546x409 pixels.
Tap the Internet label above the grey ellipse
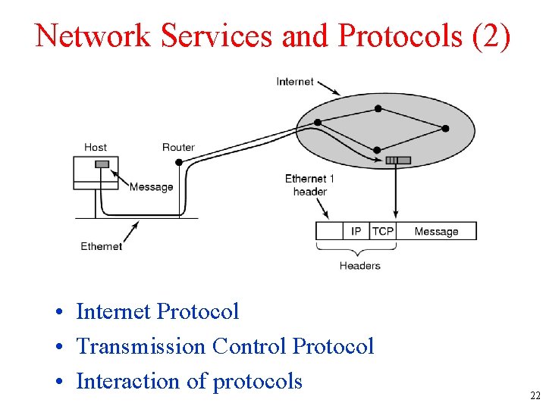pos(295,81)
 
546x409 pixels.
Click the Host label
pos(96,147)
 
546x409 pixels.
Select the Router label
pos(178,147)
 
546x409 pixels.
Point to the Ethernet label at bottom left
pos(102,246)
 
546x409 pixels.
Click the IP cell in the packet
pos(356,231)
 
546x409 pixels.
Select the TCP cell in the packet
pos(383,231)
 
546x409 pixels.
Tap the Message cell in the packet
pos(436,231)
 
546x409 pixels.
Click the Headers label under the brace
pos(360,266)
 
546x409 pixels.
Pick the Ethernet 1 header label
pos(309,185)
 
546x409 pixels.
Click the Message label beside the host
pos(151,187)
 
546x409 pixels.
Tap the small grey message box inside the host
pos(102,164)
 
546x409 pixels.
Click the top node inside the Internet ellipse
pos(378,109)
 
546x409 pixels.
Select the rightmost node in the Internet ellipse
pos(445,129)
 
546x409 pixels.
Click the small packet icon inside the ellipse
pos(398,160)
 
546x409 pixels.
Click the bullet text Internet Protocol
pos(158,311)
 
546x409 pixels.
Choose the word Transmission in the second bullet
pos(141,346)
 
